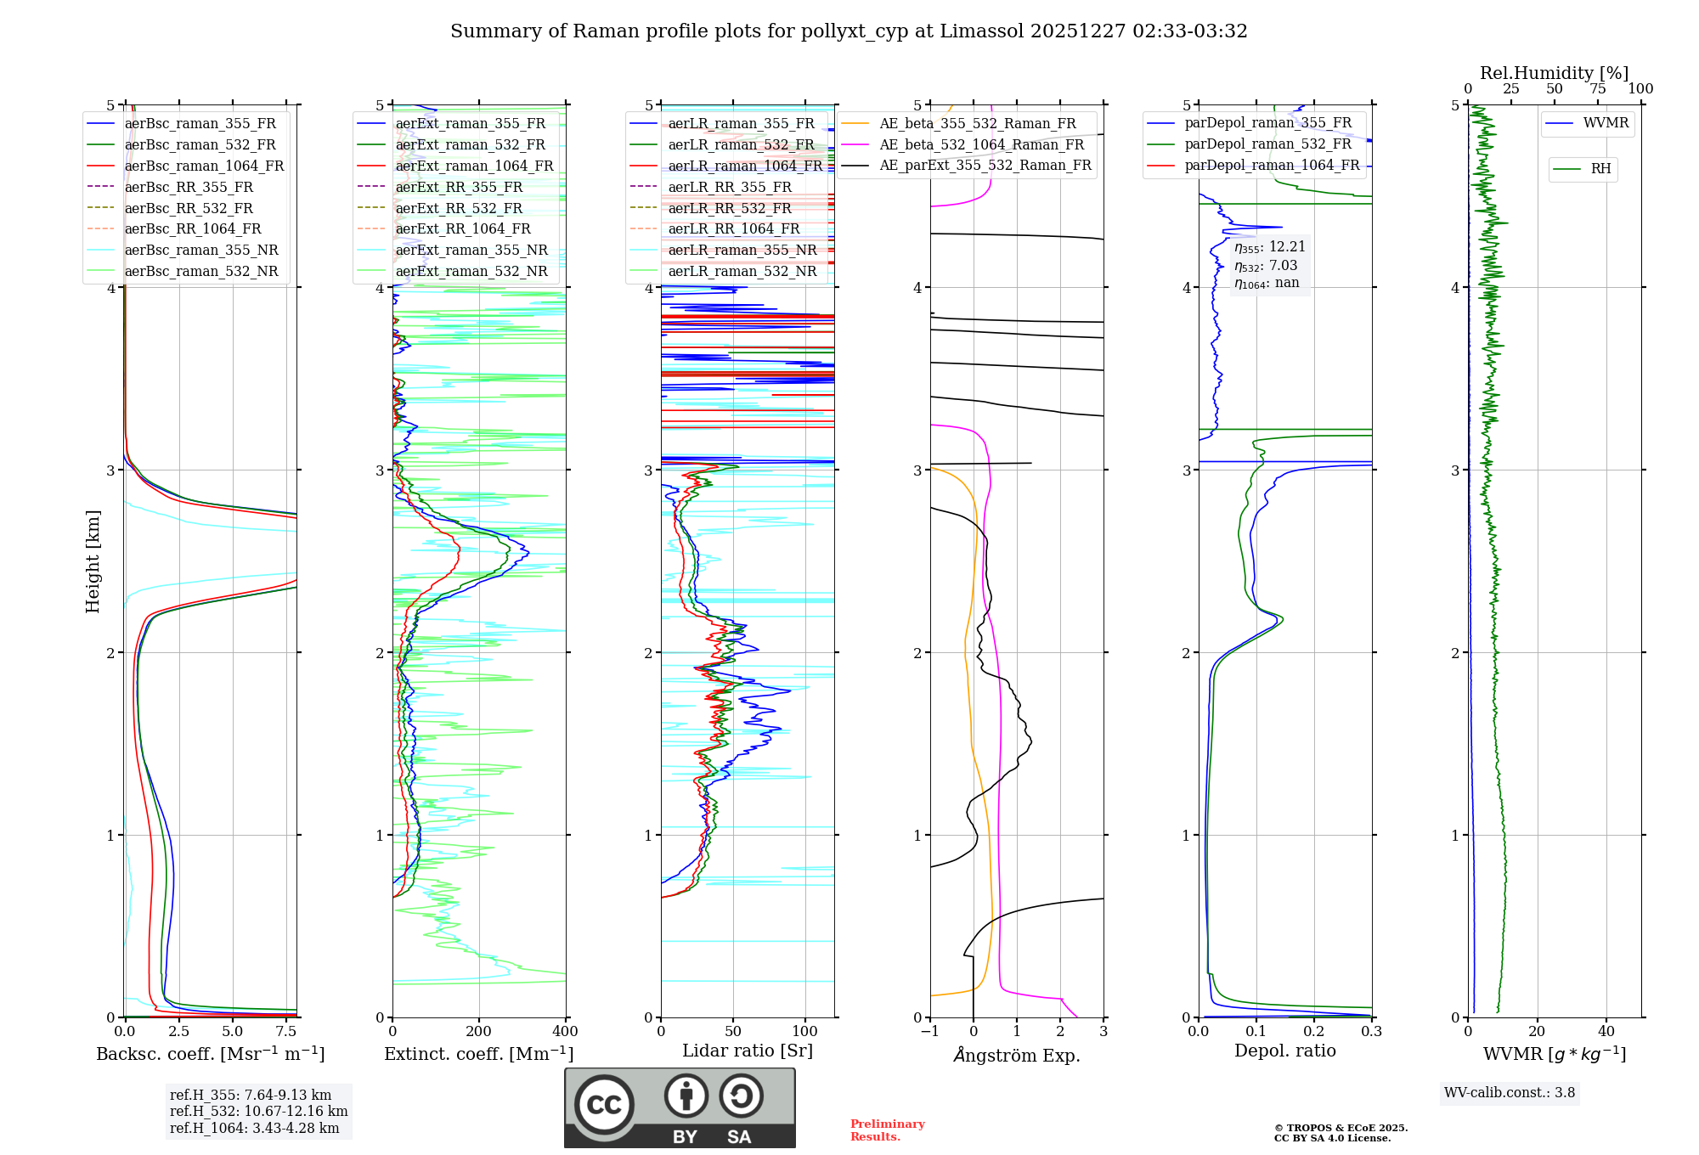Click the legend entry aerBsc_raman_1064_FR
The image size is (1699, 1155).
point(204,166)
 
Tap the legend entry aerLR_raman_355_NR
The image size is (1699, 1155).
point(742,251)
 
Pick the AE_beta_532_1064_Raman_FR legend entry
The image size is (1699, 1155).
point(981,145)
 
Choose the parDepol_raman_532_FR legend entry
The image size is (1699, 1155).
point(1267,144)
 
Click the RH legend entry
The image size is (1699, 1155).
point(1600,169)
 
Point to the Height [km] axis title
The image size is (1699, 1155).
point(93,561)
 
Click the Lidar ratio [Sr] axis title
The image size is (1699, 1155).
point(747,1051)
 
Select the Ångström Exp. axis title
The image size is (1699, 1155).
point(1016,1055)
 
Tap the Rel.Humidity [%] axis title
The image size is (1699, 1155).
point(1554,73)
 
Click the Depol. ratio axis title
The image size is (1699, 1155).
point(1284,1051)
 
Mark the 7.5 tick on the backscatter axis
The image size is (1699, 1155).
point(286,1031)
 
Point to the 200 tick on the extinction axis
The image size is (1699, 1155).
point(478,1031)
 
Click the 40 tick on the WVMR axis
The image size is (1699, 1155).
point(1606,1031)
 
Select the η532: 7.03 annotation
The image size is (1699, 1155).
point(1266,266)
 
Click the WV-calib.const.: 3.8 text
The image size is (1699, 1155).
point(1509,1093)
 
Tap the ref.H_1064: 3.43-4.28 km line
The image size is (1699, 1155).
point(254,1129)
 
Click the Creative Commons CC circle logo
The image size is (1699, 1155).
point(604,1104)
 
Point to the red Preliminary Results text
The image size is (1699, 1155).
point(887,1130)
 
